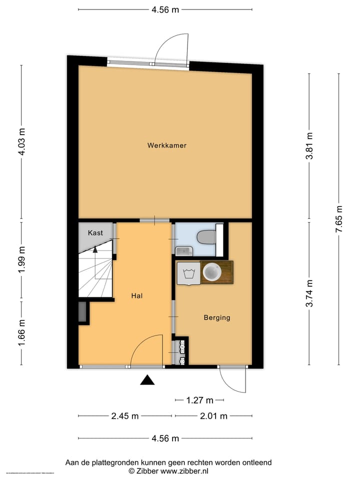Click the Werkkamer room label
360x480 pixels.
click(166, 145)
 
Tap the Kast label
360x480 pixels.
click(95, 232)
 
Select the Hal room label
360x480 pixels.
click(137, 296)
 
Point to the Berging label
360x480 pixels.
click(216, 317)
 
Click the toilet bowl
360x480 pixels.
click(206, 236)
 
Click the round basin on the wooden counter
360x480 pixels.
click(212, 272)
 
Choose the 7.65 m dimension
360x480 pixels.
click(339, 219)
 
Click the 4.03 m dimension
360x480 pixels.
click(21, 142)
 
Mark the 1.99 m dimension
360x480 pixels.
click(21, 260)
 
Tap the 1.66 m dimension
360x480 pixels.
click(21, 332)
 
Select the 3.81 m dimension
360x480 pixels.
click(309, 145)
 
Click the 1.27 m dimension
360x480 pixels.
click(199, 400)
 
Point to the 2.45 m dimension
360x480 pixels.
click(124, 416)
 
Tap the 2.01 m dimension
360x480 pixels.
click(213, 416)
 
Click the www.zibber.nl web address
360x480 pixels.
click(184, 471)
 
